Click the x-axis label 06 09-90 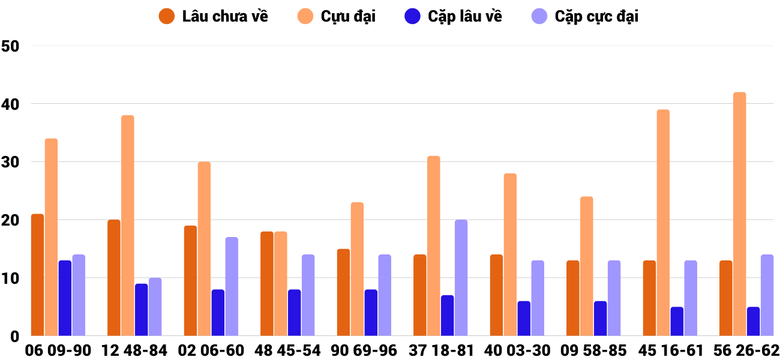(x=58, y=350)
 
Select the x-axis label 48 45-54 (x=287, y=350)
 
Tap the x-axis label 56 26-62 (x=746, y=350)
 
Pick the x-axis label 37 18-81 (x=440, y=350)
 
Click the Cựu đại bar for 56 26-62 (x=740, y=214)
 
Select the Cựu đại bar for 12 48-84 (x=128, y=226)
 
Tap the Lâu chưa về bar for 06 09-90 (x=37, y=275)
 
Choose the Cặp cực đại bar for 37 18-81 (x=461, y=278)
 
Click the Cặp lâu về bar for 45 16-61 (x=677, y=322)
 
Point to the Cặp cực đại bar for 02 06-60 (x=232, y=287)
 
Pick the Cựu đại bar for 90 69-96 (x=357, y=269)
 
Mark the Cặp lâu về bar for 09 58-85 (x=601, y=319)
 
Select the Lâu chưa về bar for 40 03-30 (x=496, y=295)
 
